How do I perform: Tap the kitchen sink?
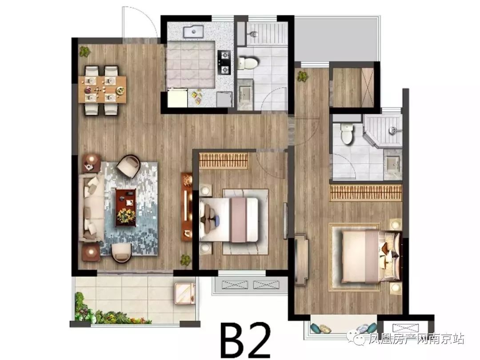(x=193, y=32)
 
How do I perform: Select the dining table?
(x=102, y=89)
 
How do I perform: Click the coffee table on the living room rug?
(x=125, y=208)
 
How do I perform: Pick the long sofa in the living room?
(x=91, y=208)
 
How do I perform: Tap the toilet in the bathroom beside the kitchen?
(x=248, y=63)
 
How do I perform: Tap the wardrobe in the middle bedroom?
(x=223, y=161)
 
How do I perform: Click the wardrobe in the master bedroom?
(x=366, y=192)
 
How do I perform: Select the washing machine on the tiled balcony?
(x=184, y=293)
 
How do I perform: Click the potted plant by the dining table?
(x=84, y=51)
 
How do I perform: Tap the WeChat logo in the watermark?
(x=359, y=338)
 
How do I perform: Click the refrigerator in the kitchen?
(x=177, y=98)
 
